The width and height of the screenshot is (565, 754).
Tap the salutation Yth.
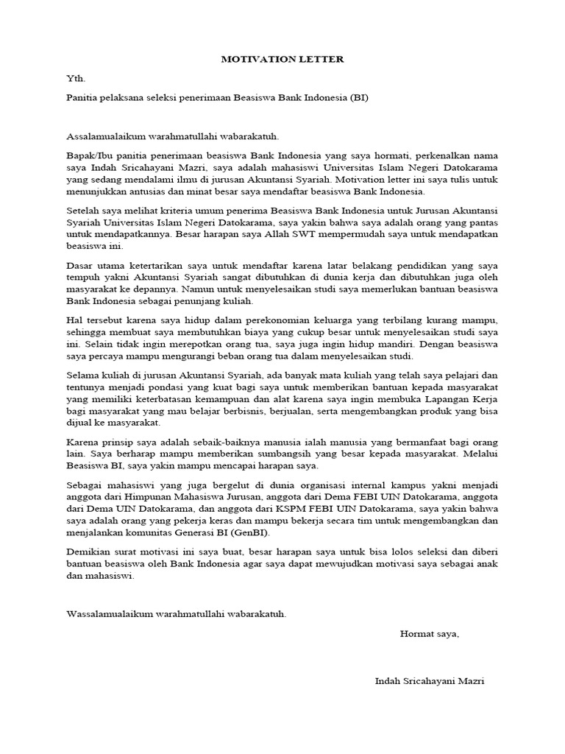click(x=75, y=77)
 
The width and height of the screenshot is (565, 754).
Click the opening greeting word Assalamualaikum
click(x=106, y=136)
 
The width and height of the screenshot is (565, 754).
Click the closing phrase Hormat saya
click(x=429, y=633)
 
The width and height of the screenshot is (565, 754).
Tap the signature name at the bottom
click(x=430, y=681)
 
